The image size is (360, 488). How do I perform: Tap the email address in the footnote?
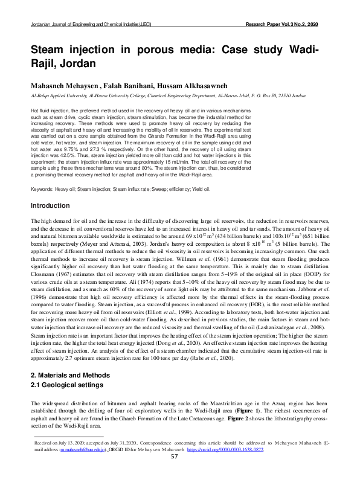coord(82,449)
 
